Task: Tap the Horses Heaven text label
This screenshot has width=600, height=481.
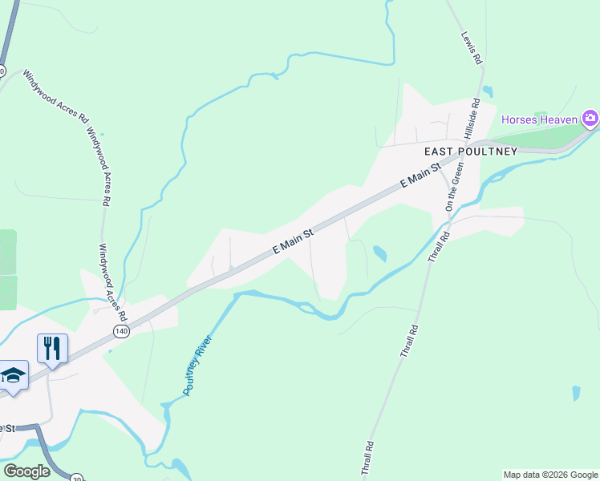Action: (539, 120)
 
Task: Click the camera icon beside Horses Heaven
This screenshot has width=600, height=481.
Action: (590, 119)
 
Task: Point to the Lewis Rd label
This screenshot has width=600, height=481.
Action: (472, 47)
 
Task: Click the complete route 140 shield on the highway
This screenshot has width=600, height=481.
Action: (121, 331)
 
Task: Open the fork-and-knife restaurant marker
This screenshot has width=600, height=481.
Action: (52, 349)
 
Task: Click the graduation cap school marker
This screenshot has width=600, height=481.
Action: (13, 376)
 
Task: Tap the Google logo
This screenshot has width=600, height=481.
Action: (26, 471)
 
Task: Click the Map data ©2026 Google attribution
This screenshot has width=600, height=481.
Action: (549, 475)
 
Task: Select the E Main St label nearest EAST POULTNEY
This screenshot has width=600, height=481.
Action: (420, 176)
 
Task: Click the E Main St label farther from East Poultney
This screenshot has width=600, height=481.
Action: (292, 240)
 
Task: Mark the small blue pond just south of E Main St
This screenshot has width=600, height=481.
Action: (379, 254)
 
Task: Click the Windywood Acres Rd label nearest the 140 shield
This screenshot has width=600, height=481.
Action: (112, 281)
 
